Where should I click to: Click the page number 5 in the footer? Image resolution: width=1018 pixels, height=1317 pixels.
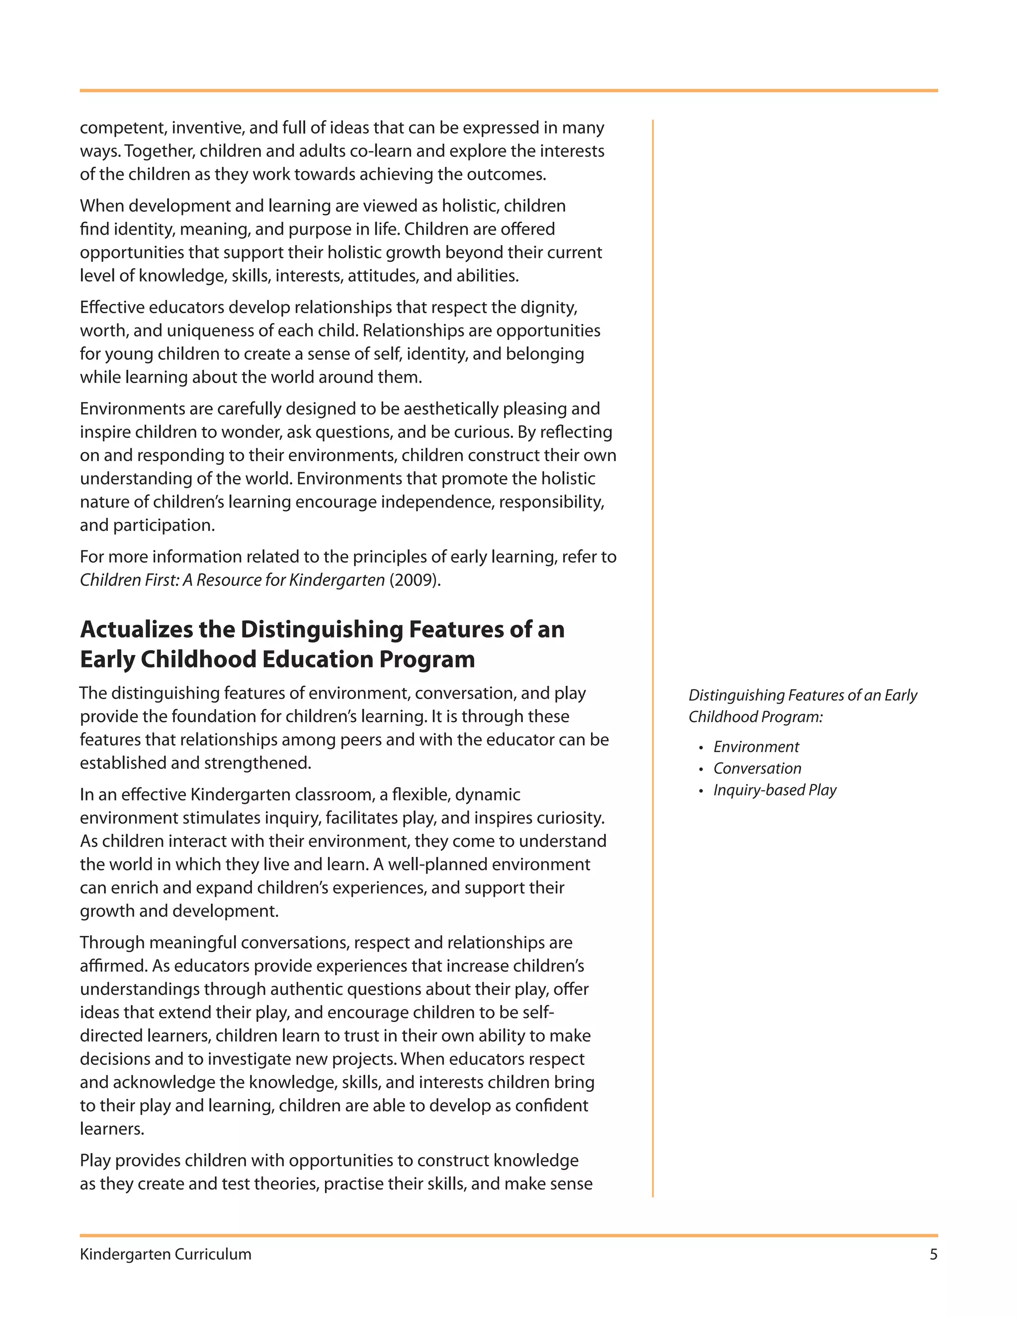(933, 1254)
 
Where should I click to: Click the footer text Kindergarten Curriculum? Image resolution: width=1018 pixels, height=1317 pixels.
(165, 1254)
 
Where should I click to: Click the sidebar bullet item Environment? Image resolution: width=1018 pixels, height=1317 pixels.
(756, 746)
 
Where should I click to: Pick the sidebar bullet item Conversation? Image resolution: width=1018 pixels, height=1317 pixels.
(757, 768)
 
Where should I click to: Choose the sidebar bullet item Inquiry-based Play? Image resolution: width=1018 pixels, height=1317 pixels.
(774, 790)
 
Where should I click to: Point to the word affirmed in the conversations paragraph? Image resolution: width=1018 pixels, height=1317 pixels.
(113, 966)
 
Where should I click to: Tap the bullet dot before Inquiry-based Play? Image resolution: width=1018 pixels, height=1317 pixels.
(701, 791)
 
